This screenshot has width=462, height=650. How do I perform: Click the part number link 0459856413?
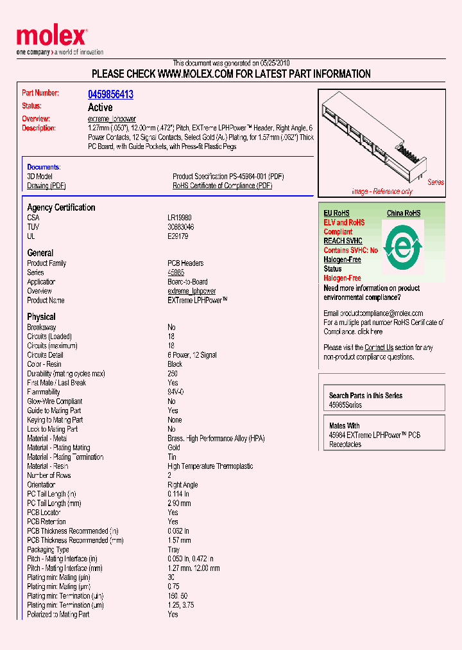click(110, 94)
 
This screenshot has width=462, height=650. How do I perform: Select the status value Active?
click(100, 107)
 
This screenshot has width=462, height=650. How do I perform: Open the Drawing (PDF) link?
click(46, 186)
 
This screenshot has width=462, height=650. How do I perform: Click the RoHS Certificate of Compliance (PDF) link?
click(222, 186)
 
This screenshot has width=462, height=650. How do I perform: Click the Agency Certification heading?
click(61, 207)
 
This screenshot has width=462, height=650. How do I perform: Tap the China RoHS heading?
click(404, 213)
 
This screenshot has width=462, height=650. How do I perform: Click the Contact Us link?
click(379, 347)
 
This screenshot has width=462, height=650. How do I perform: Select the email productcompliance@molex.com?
click(382, 313)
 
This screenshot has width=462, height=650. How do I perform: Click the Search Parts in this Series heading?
click(366, 396)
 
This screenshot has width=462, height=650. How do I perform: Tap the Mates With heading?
click(345, 426)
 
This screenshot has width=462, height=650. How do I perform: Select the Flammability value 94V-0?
click(176, 392)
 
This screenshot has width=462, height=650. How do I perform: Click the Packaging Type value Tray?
click(174, 550)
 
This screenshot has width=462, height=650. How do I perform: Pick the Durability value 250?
click(173, 373)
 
